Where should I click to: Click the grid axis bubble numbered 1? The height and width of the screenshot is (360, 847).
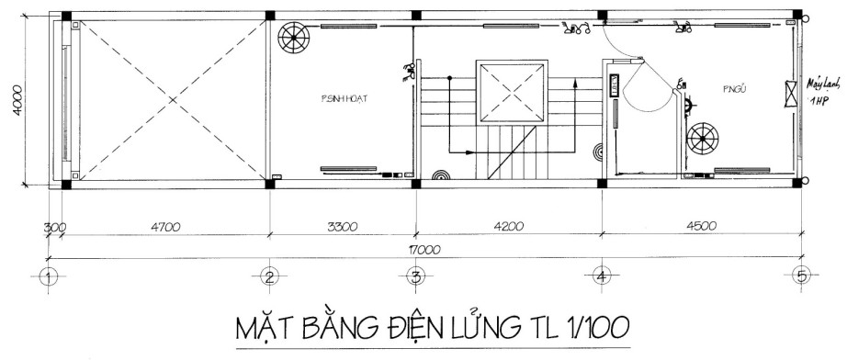tap(51, 275)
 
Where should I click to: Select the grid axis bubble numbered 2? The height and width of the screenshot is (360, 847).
tap(268, 275)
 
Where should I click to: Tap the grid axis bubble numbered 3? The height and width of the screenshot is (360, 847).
tap(415, 275)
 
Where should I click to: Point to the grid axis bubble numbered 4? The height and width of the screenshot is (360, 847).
tap(601, 275)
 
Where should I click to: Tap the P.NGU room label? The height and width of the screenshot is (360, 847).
tap(708, 91)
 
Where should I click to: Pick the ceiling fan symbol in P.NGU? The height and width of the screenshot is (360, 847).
tap(705, 138)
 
